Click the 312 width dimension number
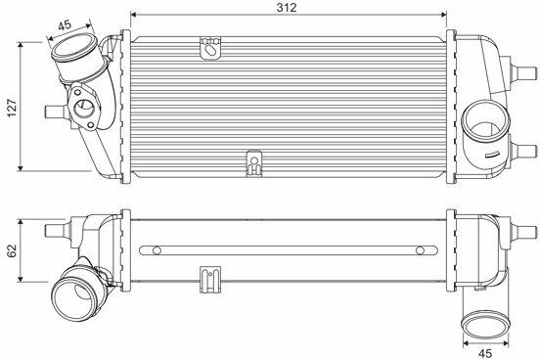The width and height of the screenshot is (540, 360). (x=287, y=8)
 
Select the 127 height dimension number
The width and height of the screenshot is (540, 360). (x=12, y=108)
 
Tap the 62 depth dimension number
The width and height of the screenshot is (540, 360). (x=12, y=250)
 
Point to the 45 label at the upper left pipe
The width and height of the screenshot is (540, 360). (x=65, y=24)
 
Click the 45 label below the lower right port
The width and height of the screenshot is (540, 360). (x=485, y=353)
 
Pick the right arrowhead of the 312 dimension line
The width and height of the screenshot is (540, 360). (x=443, y=15)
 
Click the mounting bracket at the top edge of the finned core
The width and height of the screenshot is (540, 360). (x=210, y=48)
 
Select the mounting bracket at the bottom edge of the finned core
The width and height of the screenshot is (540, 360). (x=253, y=163)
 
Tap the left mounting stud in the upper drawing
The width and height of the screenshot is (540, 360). (x=55, y=112)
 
